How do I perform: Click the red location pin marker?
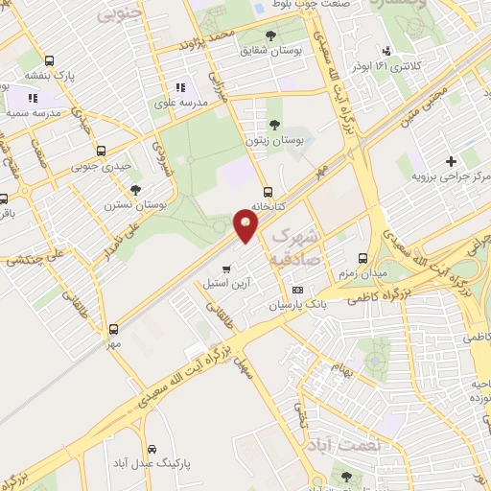pos(246,225)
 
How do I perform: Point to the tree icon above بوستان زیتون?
pos(275,124)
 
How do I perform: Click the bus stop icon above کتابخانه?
pos(268,190)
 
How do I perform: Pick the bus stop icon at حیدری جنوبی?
pos(102,151)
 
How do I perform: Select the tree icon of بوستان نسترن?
pos(135,188)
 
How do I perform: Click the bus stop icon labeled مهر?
pos(114,328)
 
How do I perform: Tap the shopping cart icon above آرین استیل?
pos(225,269)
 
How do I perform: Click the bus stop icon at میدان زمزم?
pos(362,258)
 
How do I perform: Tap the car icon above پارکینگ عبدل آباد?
pos(152,448)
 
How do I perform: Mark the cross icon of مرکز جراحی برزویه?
pos(451,161)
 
